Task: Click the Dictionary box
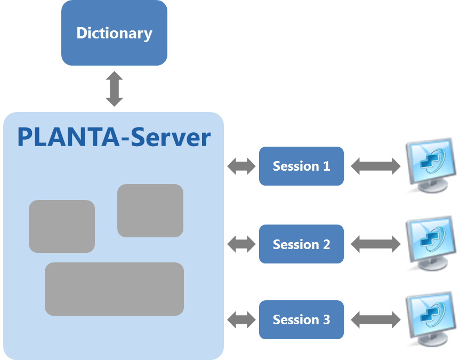(114, 33)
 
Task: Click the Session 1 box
(301, 166)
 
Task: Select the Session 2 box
(301, 244)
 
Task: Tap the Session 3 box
(301, 319)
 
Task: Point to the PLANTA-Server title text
(114, 137)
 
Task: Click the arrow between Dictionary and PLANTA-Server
(115, 89)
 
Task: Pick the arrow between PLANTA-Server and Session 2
(241, 245)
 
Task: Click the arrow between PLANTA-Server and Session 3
(241, 320)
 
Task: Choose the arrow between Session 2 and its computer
(375, 245)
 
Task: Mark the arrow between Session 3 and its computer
(375, 320)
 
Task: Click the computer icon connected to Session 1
(430, 165)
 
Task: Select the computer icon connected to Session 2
(430, 243)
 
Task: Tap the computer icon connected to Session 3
(430, 318)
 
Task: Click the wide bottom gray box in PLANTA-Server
(114, 289)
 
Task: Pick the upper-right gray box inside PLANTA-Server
(150, 210)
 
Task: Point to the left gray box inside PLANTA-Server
(62, 226)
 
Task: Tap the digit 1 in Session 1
(326, 166)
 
